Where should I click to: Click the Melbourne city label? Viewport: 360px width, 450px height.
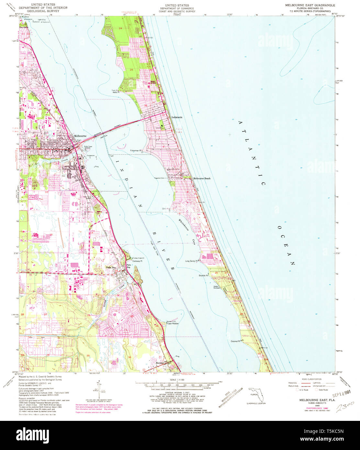click(80, 136)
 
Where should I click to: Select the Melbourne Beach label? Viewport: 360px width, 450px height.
click(202, 178)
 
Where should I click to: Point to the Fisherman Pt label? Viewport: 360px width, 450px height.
click(136, 151)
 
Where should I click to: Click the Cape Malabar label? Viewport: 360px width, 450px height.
click(173, 323)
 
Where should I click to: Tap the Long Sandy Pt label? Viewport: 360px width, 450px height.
click(192, 261)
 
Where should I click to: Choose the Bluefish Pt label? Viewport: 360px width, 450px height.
click(203, 276)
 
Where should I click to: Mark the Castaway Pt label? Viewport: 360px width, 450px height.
click(137, 261)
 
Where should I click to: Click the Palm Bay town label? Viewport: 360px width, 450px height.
click(111, 267)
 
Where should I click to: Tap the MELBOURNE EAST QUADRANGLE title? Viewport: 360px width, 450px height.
click(310, 6)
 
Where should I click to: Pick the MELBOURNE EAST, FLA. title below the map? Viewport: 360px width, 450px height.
click(312, 400)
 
